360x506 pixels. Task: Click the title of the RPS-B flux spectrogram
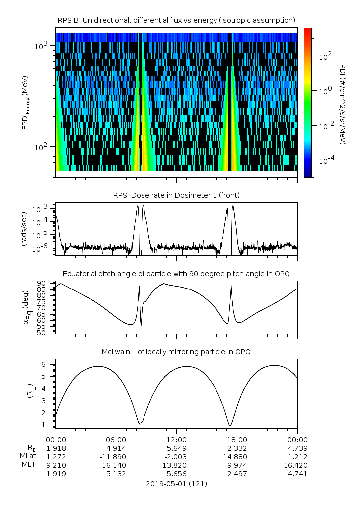click(x=176, y=20)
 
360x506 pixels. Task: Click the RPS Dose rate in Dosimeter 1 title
click(x=176, y=195)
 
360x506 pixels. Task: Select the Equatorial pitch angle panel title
click(x=176, y=274)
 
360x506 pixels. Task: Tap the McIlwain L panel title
click(x=176, y=352)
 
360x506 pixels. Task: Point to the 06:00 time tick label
click(x=116, y=440)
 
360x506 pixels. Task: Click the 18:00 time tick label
click(x=237, y=440)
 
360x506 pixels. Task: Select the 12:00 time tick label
click(x=177, y=440)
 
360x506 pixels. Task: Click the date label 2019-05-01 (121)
click(x=176, y=483)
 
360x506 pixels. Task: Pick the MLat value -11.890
click(x=116, y=457)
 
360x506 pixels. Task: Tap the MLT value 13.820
click(x=177, y=465)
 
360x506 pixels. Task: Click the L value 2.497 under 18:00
click(x=237, y=474)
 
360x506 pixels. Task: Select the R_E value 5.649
click(x=177, y=448)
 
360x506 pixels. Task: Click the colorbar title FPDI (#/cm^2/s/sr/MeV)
click(x=343, y=102)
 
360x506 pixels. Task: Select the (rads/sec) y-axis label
click(x=24, y=229)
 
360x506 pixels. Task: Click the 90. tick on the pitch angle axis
click(x=42, y=284)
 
